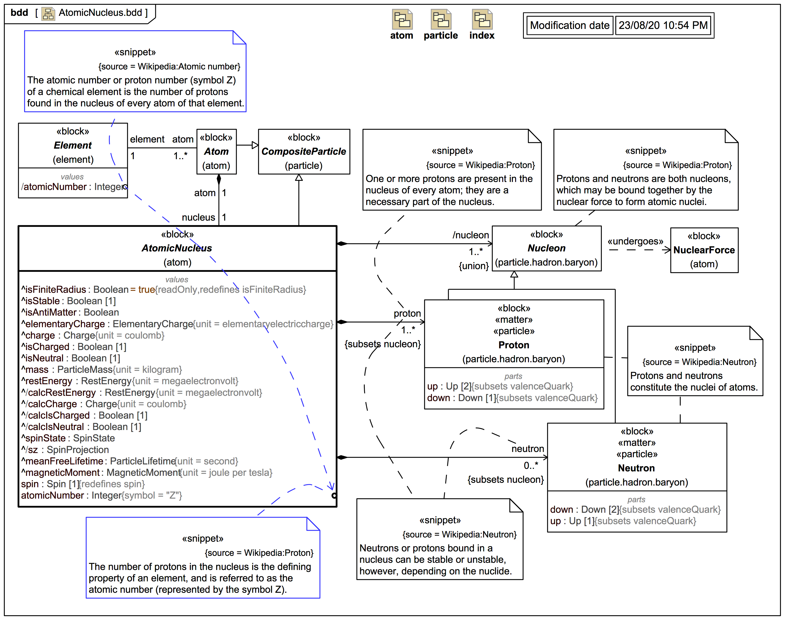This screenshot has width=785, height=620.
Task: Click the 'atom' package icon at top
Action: click(402, 20)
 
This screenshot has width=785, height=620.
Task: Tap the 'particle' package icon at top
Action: click(441, 20)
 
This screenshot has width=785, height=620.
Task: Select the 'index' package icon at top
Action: click(482, 20)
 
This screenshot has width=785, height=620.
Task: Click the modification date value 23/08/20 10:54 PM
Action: click(663, 25)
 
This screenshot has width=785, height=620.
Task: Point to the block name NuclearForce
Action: click(704, 250)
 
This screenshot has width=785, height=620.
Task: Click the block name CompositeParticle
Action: click(304, 151)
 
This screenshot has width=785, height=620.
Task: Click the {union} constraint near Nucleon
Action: click(473, 266)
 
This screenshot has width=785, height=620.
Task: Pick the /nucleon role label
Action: click(470, 235)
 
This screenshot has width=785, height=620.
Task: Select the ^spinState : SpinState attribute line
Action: click(68, 438)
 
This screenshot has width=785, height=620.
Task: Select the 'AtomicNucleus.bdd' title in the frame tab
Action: click(100, 13)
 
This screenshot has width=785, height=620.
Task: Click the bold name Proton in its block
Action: click(514, 345)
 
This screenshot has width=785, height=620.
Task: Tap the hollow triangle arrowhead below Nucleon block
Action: click(514, 274)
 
